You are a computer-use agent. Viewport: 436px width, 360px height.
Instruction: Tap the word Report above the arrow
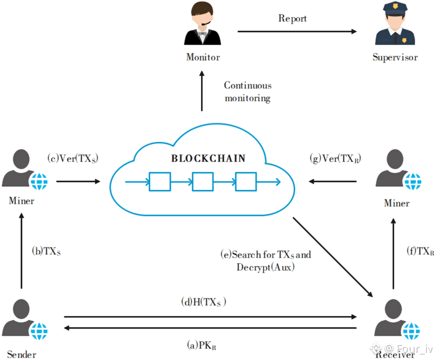(293, 18)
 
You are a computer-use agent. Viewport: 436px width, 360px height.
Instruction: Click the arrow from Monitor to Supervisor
(297, 31)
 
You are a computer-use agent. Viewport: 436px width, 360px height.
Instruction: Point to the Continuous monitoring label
(248, 92)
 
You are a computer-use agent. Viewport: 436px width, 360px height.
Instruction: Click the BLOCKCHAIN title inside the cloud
(208, 158)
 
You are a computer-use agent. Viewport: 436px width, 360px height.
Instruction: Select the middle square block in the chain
(202, 182)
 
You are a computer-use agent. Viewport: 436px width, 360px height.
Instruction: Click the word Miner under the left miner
(21, 200)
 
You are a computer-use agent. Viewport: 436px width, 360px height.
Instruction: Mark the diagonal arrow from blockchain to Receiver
(333, 257)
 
